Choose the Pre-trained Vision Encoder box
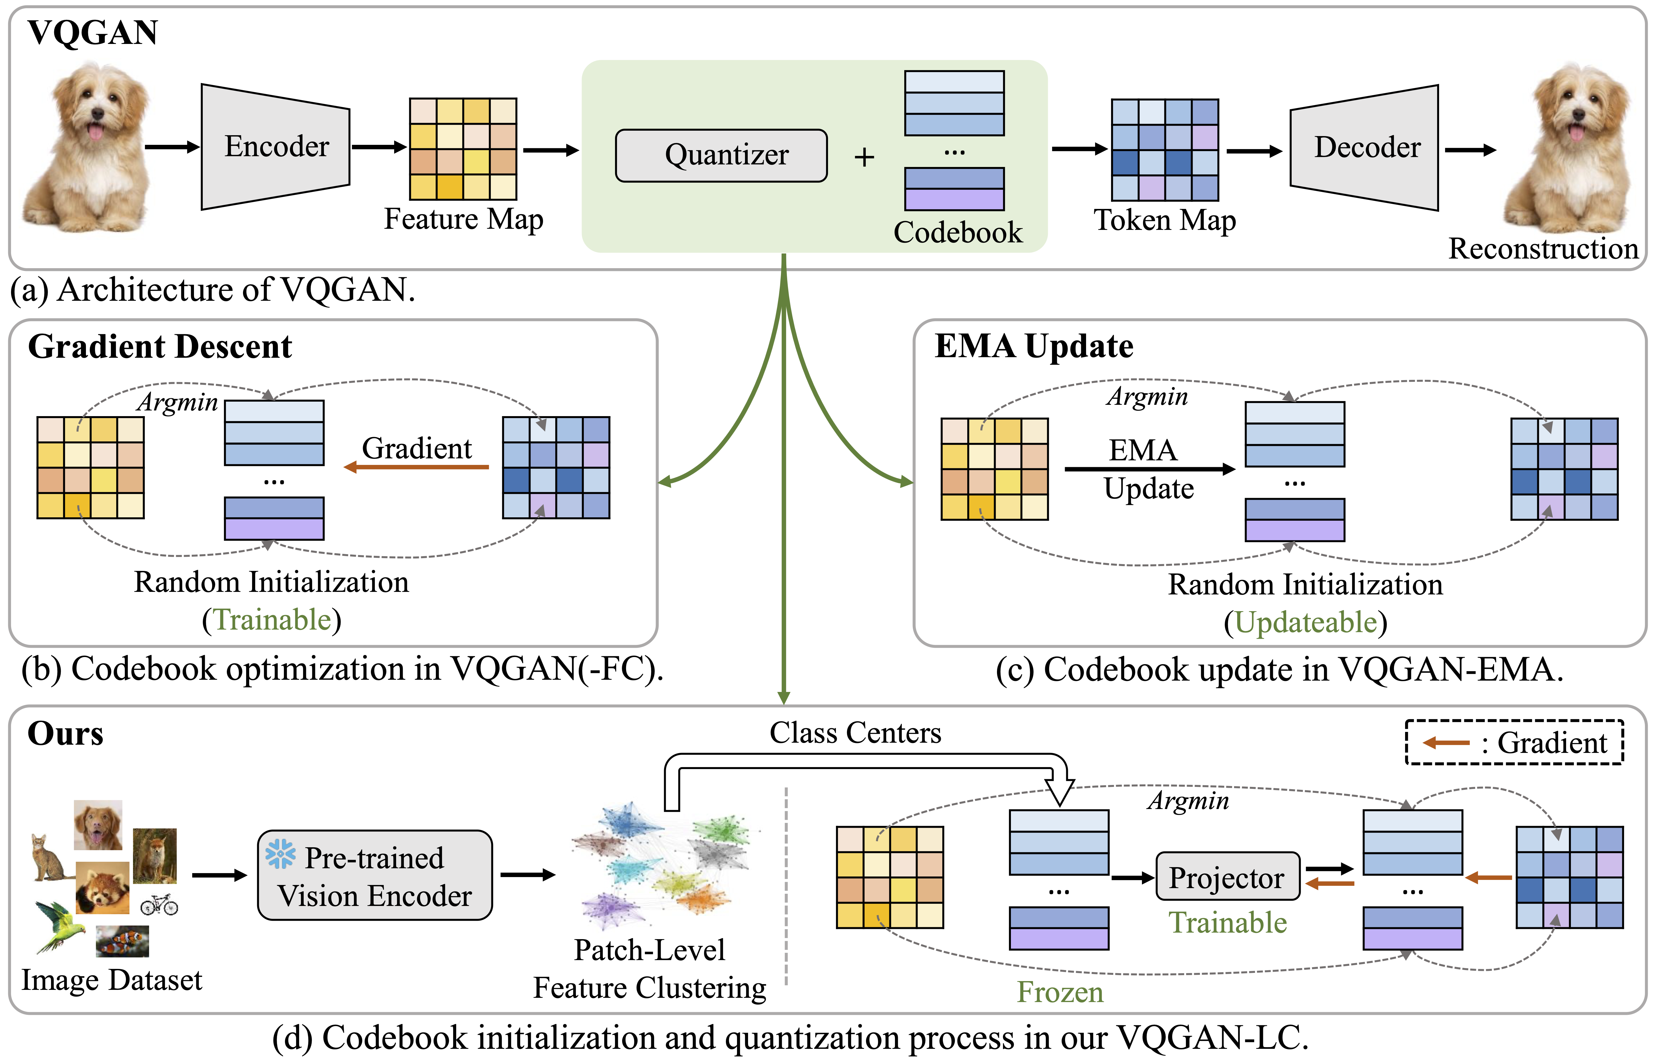coord(375,875)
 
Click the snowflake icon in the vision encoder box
coord(280,854)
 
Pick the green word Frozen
coord(1060,993)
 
